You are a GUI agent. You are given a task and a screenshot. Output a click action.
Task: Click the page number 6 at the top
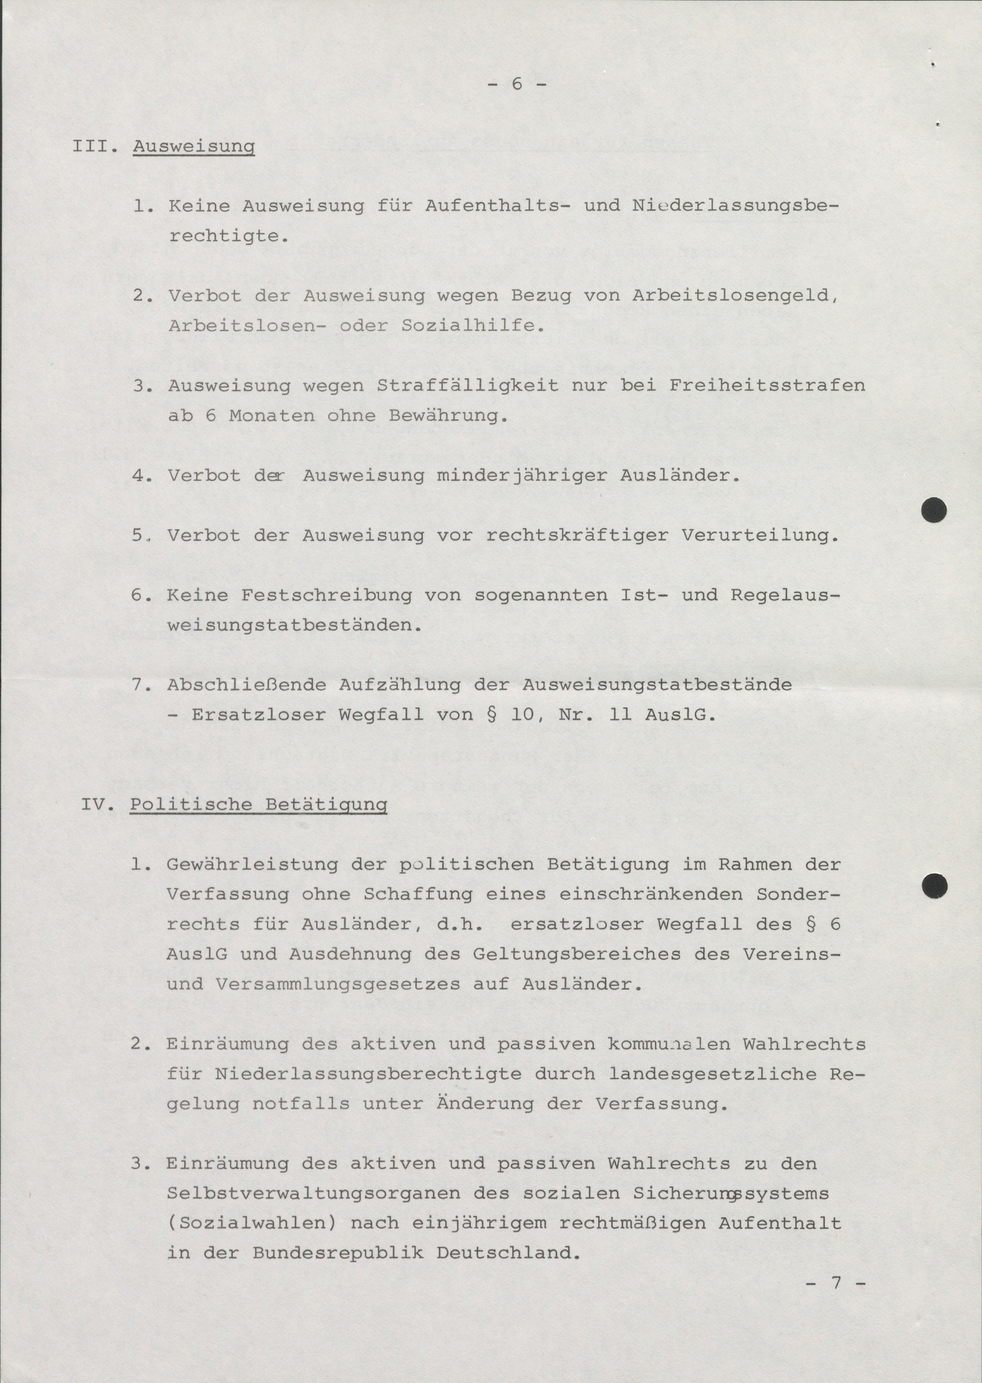pyautogui.click(x=516, y=84)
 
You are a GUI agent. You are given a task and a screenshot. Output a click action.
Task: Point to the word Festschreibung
pyautogui.click(x=326, y=595)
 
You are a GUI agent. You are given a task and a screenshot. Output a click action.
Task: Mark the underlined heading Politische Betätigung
pyautogui.click(x=258, y=805)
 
